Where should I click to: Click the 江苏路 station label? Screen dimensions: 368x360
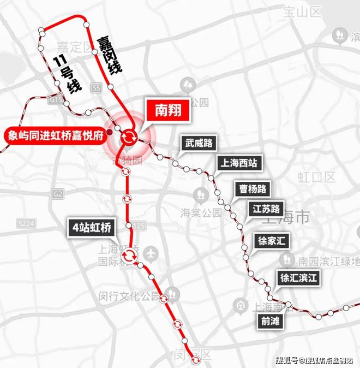point(267,209)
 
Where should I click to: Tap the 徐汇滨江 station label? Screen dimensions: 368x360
point(297,277)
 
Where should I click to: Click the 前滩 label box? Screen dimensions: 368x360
point(270,321)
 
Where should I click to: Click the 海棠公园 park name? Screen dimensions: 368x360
point(201,212)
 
